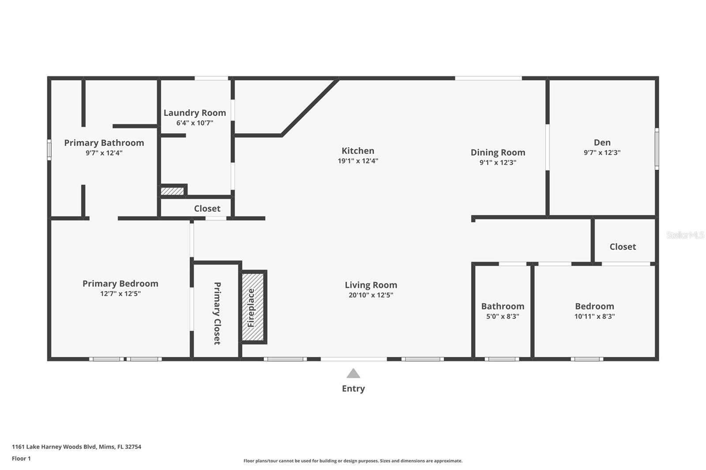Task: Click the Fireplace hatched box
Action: pyautogui.click(x=253, y=307)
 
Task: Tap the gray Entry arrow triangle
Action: pyautogui.click(x=353, y=373)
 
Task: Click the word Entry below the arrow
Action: pyautogui.click(x=353, y=388)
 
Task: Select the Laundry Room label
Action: pyautogui.click(x=195, y=113)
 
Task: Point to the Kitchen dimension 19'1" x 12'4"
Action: pyautogui.click(x=358, y=161)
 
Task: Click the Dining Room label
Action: pyautogui.click(x=498, y=153)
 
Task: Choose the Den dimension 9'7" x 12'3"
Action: pyautogui.click(x=602, y=153)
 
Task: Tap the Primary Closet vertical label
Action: pyautogui.click(x=217, y=313)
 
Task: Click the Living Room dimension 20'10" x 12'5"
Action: pyautogui.click(x=371, y=295)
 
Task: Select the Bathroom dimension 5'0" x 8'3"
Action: pyautogui.click(x=503, y=316)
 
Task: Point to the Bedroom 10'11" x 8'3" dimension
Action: pyautogui.click(x=594, y=316)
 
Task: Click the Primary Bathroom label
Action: pyautogui.click(x=104, y=143)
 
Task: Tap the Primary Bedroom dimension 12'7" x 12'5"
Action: pyautogui.click(x=120, y=294)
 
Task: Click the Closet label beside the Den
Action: pyautogui.click(x=623, y=246)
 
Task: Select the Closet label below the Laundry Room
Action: pyautogui.click(x=207, y=209)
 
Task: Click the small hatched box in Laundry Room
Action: pyautogui.click(x=172, y=191)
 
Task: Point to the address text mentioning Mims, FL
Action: pyautogui.click(x=77, y=447)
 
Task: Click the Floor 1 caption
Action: pyautogui.click(x=22, y=459)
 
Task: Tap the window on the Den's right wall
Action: pyautogui.click(x=657, y=149)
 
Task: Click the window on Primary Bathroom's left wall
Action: pyautogui.click(x=49, y=150)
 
